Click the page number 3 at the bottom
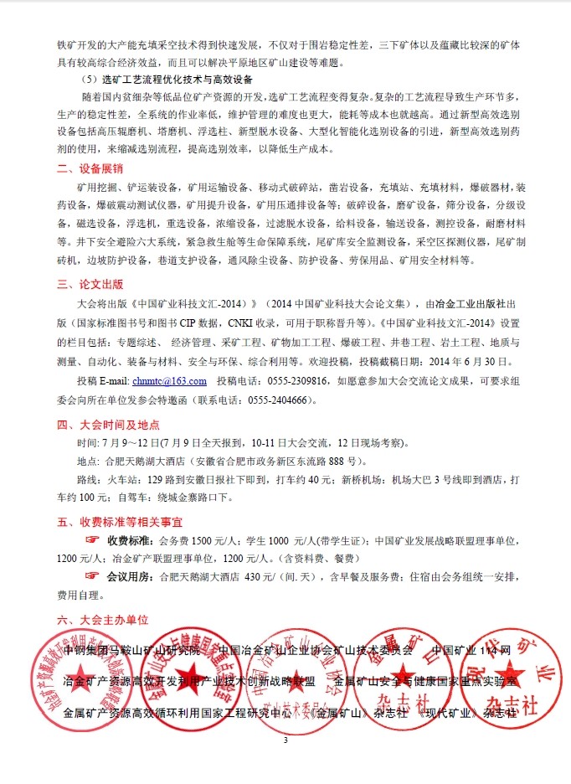point(285,740)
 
